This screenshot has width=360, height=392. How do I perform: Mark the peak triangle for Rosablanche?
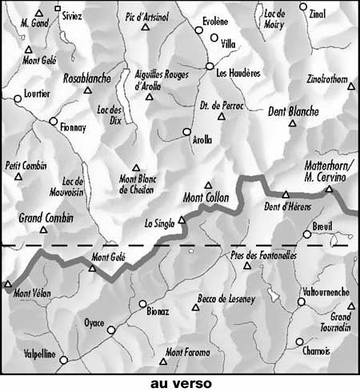click(88, 90)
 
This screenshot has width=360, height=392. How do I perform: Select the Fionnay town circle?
click(53, 122)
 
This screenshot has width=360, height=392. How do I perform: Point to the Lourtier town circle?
click(18, 99)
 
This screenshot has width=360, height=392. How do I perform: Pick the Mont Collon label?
click(206, 198)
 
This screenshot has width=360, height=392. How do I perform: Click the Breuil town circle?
click(306, 234)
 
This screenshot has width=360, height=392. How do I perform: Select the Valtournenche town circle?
click(302, 302)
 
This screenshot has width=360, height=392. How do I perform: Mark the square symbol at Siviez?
click(57, 9)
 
